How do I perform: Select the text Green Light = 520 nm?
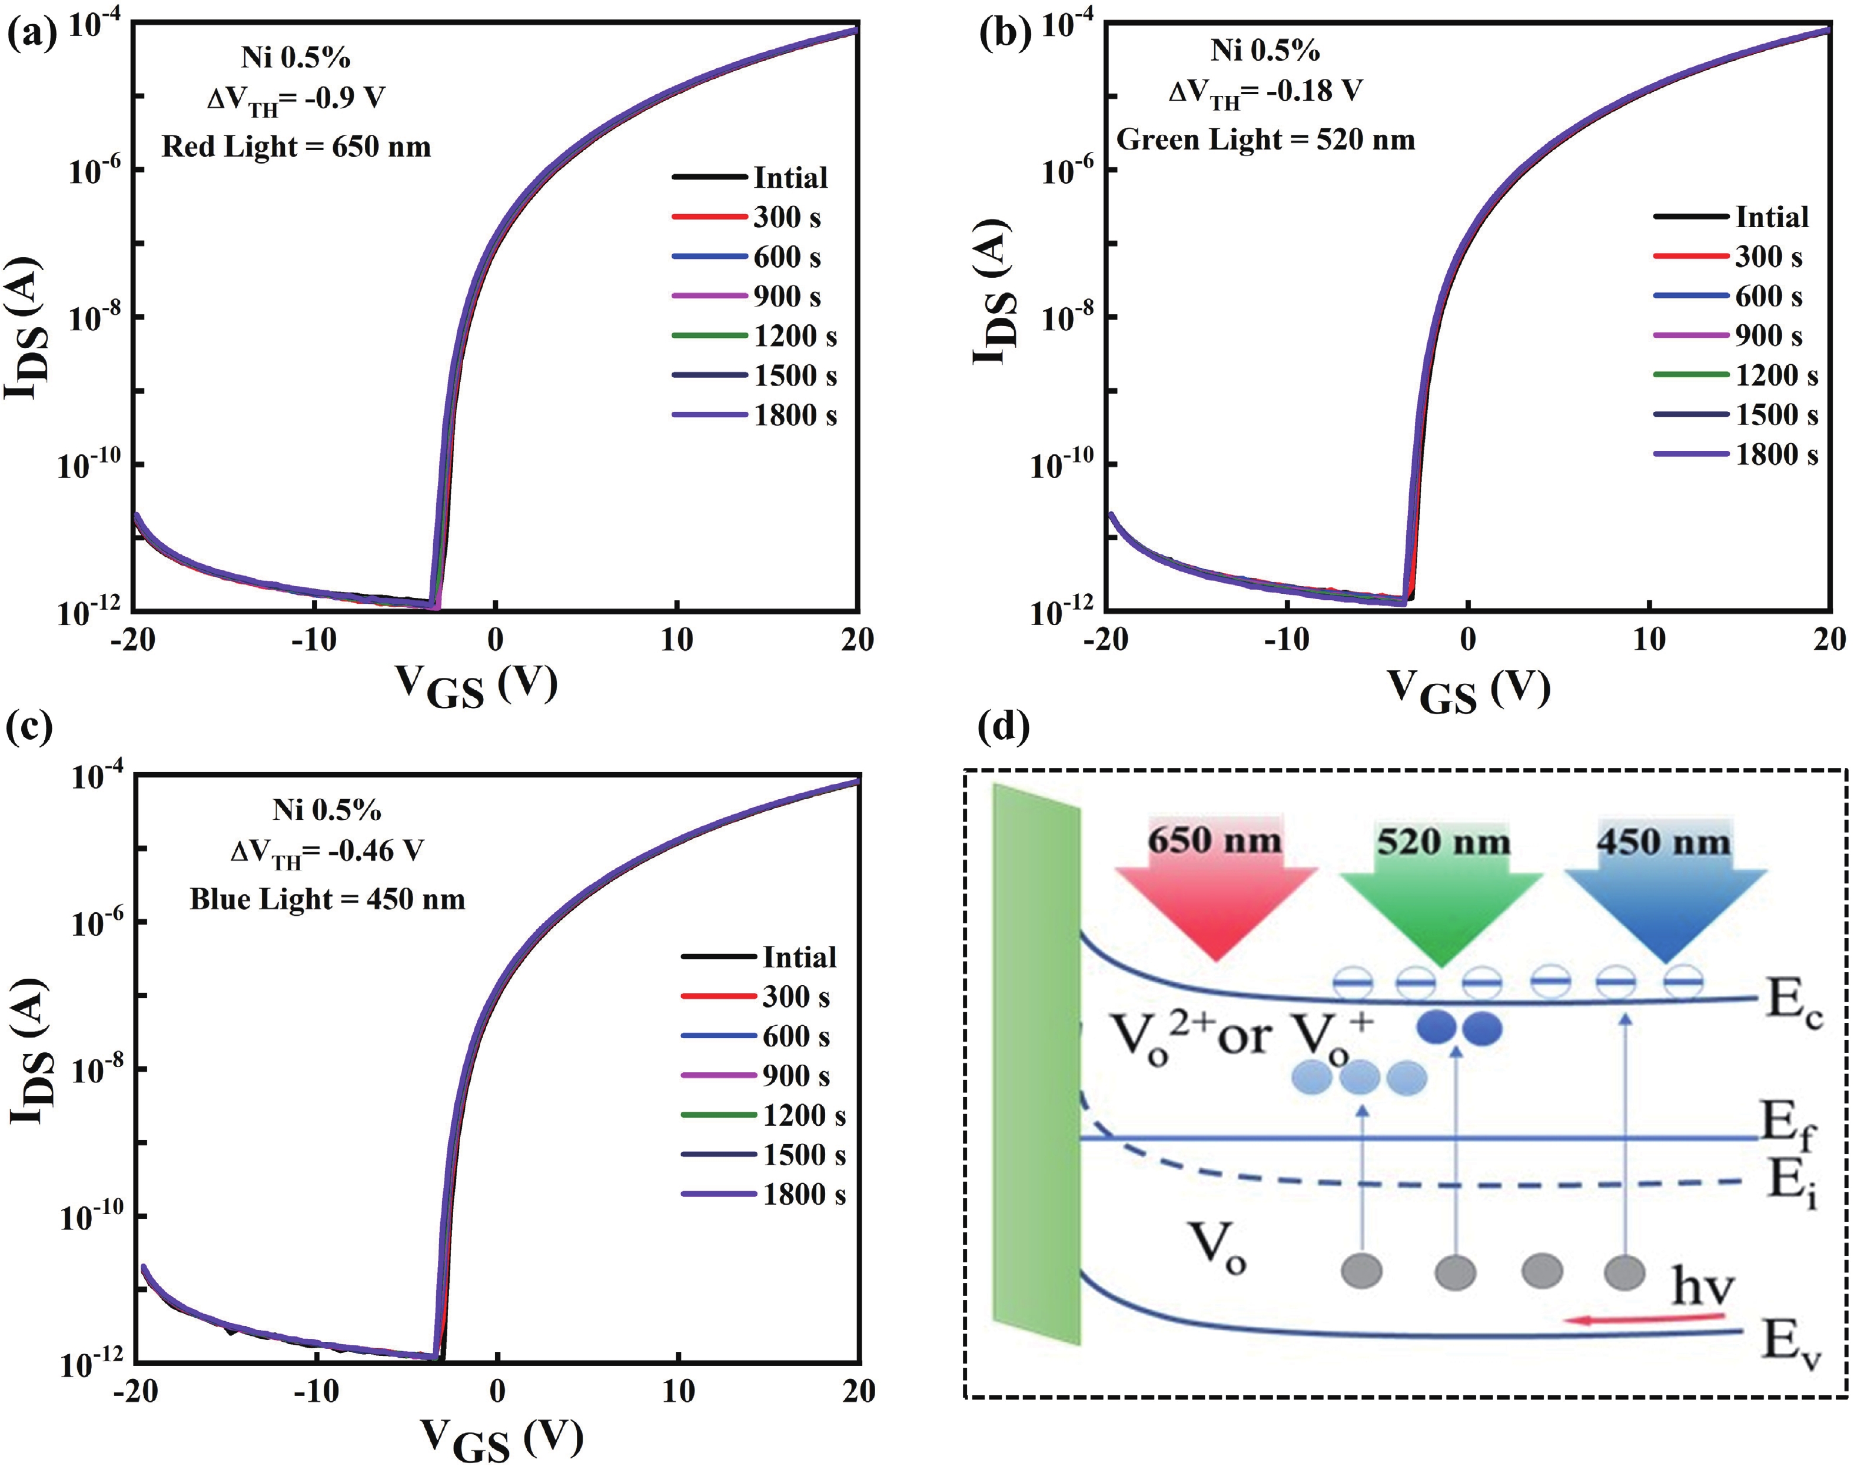pyautogui.click(x=1265, y=139)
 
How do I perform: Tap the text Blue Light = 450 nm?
pyautogui.click(x=327, y=899)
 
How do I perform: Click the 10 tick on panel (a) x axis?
pyautogui.click(x=676, y=640)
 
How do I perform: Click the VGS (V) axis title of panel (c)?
pyautogui.click(x=501, y=1436)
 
